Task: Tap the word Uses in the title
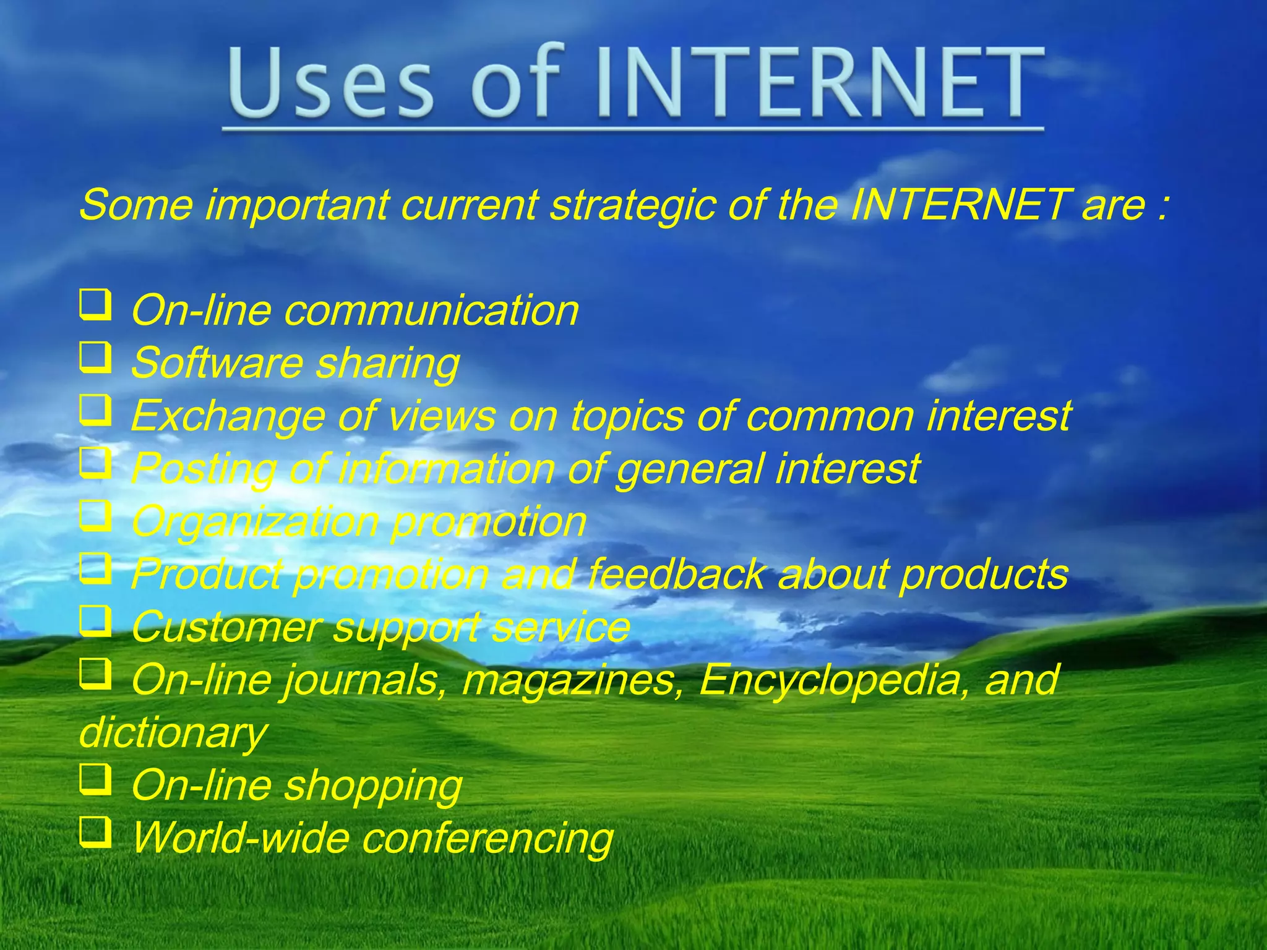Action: coord(332,83)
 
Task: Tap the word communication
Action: coord(431,310)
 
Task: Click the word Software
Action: coord(216,363)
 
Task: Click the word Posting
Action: coord(204,469)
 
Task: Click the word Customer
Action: coord(225,627)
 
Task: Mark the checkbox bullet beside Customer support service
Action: coord(96,621)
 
